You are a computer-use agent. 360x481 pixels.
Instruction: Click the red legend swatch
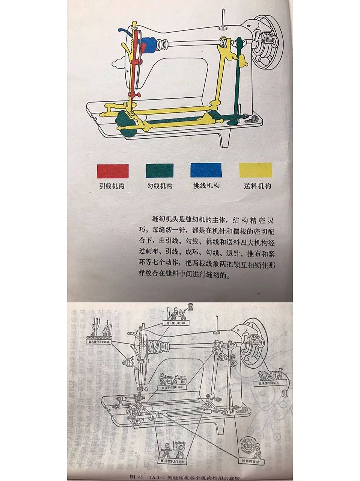click(113, 171)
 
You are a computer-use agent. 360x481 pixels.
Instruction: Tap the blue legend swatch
click(206, 170)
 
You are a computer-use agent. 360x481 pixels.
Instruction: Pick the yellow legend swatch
click(255, 170)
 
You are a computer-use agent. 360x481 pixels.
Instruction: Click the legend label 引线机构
click(112, 186)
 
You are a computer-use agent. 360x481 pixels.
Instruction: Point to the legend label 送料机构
click(257, 186)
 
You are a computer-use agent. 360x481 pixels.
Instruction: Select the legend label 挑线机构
click(206, 186)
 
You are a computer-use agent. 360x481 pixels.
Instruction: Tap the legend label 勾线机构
click(160, 186)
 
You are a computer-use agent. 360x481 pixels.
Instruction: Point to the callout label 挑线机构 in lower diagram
click(176, 323)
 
